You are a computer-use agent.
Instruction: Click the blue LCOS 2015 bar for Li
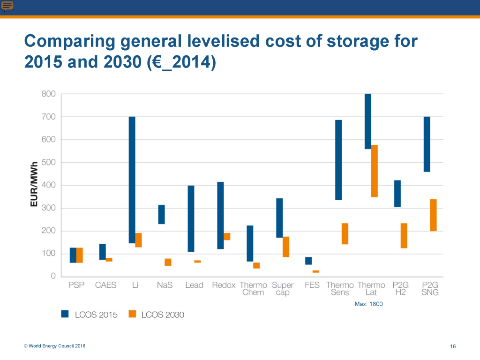[132, 180]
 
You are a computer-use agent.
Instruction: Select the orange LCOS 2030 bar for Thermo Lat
[375, 171]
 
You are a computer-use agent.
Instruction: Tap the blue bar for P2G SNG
[427, 144]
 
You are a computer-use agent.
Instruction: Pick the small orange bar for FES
[316, 271]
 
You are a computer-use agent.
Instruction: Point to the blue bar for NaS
[161, 214]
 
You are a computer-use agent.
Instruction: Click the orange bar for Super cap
[286, 247]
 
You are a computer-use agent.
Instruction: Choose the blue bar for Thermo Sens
[338, 160]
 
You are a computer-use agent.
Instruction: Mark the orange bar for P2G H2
[404, 236]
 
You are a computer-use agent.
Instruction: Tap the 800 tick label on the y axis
[48, 94]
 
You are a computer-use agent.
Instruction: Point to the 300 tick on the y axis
[48, 208]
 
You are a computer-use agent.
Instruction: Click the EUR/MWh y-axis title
[35, 185]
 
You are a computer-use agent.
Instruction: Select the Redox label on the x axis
[224, 285]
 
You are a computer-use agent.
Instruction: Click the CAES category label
[105, 285]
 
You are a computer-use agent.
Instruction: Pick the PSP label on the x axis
[76, 285]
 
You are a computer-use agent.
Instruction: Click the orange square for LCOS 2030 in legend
[132, 314]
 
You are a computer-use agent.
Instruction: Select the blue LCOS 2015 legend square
[65, 314]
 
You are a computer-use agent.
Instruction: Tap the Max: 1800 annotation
[369, 304]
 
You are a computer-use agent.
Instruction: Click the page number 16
[453, 346]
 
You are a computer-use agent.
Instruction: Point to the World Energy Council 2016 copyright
[55, 346]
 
